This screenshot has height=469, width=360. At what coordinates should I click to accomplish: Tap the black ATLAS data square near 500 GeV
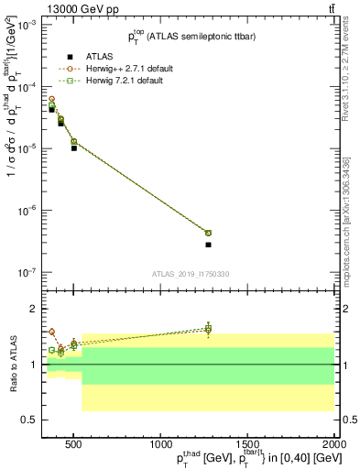pos(74,147)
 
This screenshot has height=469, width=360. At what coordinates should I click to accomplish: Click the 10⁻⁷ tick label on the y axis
pos(27,273)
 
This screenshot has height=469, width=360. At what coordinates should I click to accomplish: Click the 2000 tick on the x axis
pos(334,442)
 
